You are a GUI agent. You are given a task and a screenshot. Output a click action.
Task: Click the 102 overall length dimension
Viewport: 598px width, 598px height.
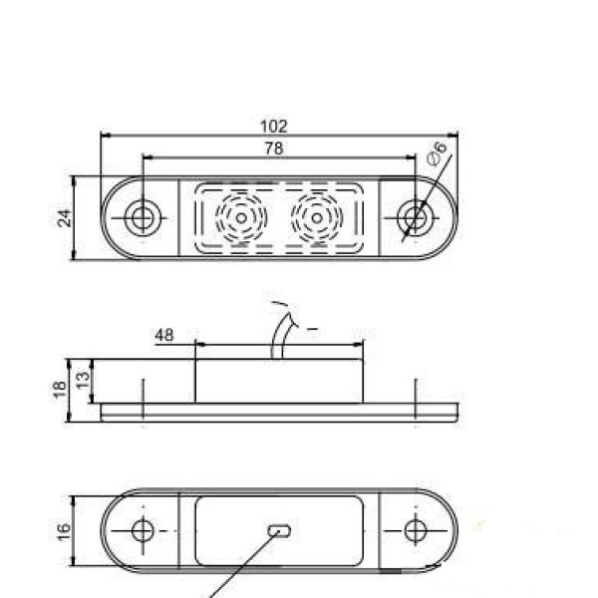click(x=272, y=126)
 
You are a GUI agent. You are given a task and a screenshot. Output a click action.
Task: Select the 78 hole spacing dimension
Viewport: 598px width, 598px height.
click(x=273, y=149)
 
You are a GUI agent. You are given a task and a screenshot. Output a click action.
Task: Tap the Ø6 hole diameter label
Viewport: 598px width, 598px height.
click(x=436, y=154)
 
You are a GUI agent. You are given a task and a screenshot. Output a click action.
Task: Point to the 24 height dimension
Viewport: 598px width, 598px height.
click(x=65, y=217)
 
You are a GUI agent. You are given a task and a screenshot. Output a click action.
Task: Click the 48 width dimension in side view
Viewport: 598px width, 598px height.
click(x=164, y=336)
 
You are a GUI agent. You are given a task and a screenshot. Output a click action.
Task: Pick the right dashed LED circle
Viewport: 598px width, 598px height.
click(x=316, y=215)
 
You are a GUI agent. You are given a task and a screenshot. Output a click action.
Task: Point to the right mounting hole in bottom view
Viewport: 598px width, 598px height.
click(x=414, y=528)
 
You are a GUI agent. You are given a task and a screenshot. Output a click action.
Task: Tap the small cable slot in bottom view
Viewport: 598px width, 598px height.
click(x=279, y=529)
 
